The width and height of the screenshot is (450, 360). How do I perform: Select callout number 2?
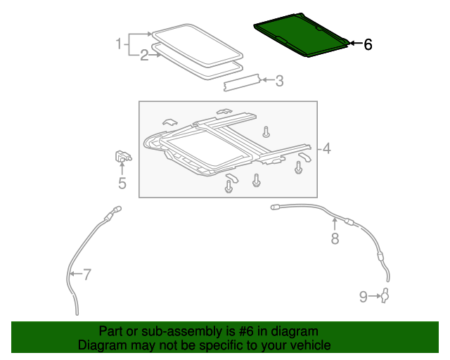[143, 56]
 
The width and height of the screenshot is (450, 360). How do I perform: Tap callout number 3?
[279, 82]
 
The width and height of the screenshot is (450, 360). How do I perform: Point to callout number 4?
[327, 148]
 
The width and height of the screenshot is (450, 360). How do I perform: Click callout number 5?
[122, 184]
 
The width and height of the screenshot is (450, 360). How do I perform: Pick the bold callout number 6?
[367, 44]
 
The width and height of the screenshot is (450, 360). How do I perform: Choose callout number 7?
[86, 275]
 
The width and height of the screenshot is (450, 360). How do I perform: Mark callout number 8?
[335, 240]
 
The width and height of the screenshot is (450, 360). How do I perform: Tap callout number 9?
[364, 297]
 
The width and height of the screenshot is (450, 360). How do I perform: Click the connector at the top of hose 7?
[116, 210]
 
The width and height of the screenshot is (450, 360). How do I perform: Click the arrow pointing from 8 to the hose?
[335, 224]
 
